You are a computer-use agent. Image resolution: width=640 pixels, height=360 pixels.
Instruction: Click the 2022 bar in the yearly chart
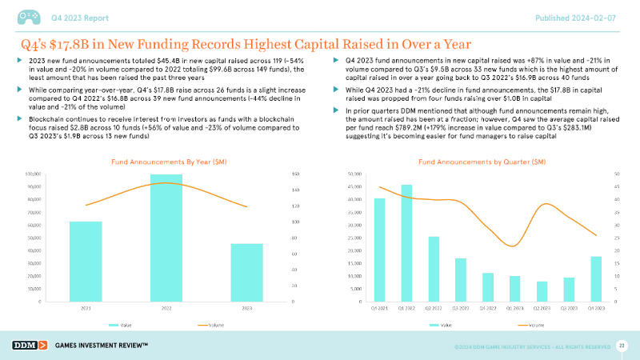pyautogui.click(x=166, y=238)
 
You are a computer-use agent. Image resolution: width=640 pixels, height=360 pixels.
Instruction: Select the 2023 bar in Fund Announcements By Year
pyautogui.click(x=247, y=272)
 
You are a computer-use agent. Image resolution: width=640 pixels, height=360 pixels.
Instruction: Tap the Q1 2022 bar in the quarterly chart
pyautogui.click(x=406, y=243)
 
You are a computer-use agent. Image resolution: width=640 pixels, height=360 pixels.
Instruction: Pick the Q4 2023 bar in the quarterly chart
pyautogui.click(x=596, y=278)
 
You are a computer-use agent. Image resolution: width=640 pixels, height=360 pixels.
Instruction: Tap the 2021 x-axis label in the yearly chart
pyautogui.click(x=86, y=308)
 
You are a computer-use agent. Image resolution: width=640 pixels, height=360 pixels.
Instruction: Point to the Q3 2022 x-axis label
pyautogui.click(x=460, y=308)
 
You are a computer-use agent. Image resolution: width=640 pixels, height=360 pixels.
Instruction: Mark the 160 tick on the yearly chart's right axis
pyautogui.click(x=297, y=174)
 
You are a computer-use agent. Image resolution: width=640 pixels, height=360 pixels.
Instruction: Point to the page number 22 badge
pyautogui.click(x=622, y=344)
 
